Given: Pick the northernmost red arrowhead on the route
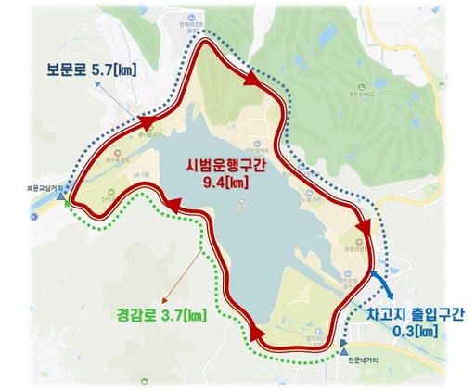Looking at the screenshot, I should tap(251, 81).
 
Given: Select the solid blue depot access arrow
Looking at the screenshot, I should tap(379, 278).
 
